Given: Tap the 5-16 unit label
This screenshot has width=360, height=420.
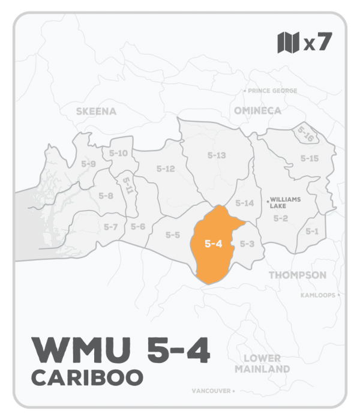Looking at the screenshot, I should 306,133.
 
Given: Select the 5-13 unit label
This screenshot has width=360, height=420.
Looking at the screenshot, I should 216,155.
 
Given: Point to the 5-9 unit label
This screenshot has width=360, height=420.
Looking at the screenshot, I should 89,164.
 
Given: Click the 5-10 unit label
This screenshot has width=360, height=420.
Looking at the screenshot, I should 119,153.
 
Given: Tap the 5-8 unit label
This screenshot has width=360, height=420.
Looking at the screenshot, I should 106,196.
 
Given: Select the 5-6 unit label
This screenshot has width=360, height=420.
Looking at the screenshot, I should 138,226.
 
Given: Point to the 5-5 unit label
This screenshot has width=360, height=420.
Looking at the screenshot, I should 173,235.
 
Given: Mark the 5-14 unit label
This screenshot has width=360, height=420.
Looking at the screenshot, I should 245,203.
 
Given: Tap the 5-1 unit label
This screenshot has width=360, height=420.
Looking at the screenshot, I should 312,231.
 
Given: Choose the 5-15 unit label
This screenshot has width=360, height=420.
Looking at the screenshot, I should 309,158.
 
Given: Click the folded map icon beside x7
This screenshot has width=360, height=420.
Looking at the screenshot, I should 288,43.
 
